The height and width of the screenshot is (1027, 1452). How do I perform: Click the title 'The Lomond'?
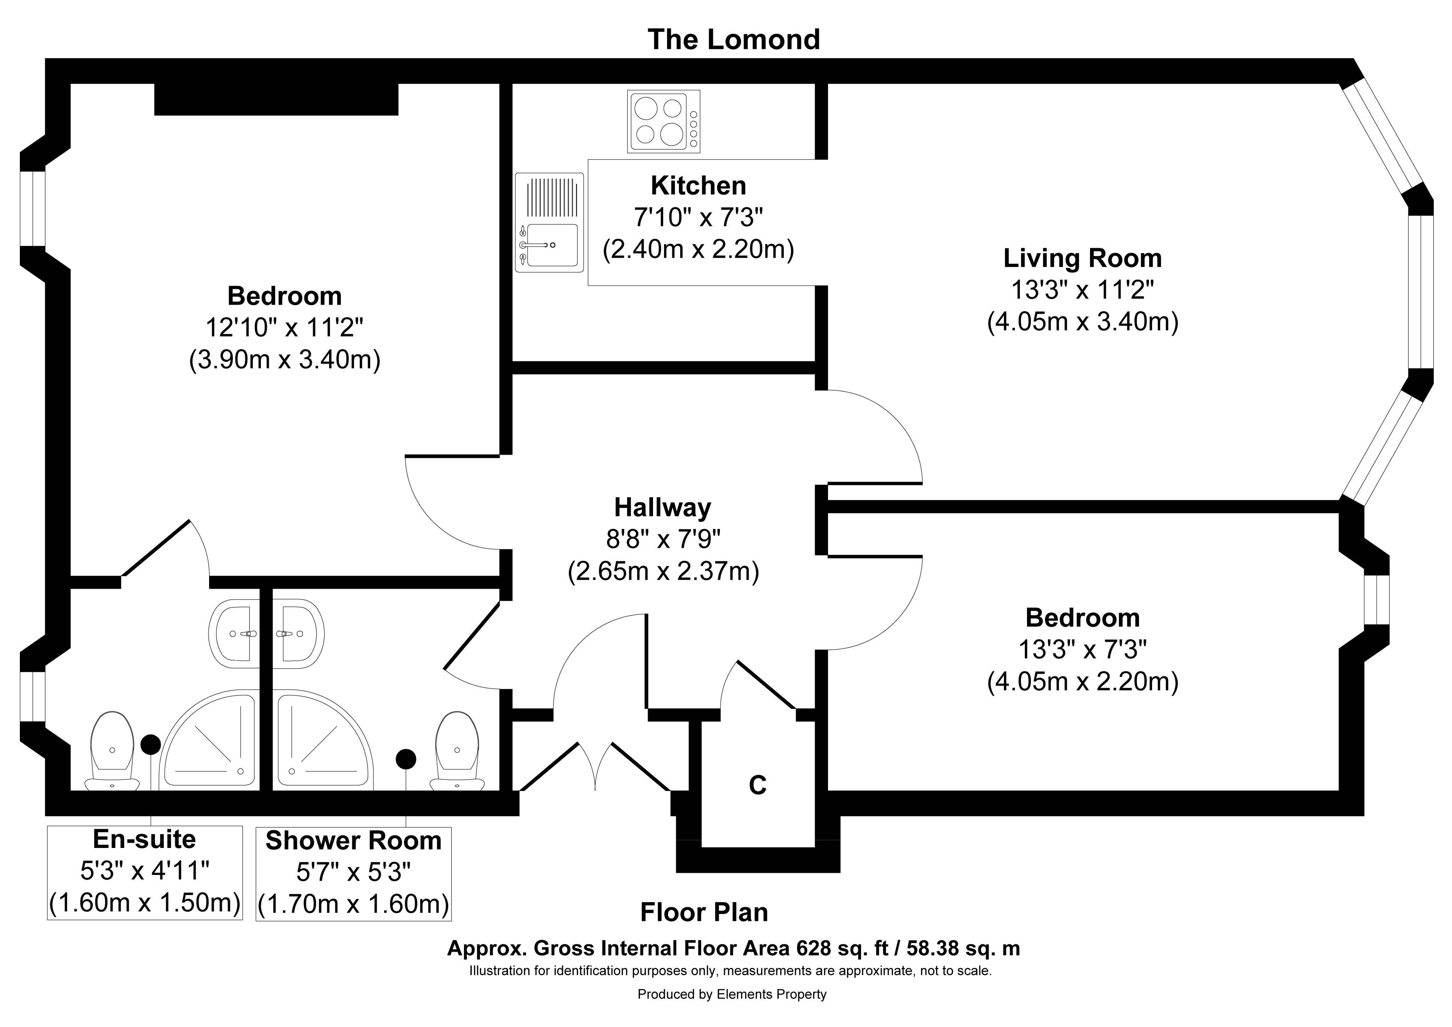click(733, 39)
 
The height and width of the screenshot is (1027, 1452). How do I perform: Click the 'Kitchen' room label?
click(698, 185)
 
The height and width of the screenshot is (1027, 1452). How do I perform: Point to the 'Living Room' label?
click(1083, 258)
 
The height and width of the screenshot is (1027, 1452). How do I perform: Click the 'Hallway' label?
click(663, 507)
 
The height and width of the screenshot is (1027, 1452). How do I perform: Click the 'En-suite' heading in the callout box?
click(144, 839)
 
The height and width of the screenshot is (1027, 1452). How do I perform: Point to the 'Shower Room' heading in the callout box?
click(353, 841)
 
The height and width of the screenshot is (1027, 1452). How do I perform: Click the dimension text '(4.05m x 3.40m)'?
click(1083, 322)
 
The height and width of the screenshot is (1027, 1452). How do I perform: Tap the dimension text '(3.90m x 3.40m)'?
click(285, 360)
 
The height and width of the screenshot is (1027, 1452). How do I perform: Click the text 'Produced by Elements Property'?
click(732, 994)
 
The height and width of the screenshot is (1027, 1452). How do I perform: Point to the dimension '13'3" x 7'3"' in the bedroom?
click(1083, 649)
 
